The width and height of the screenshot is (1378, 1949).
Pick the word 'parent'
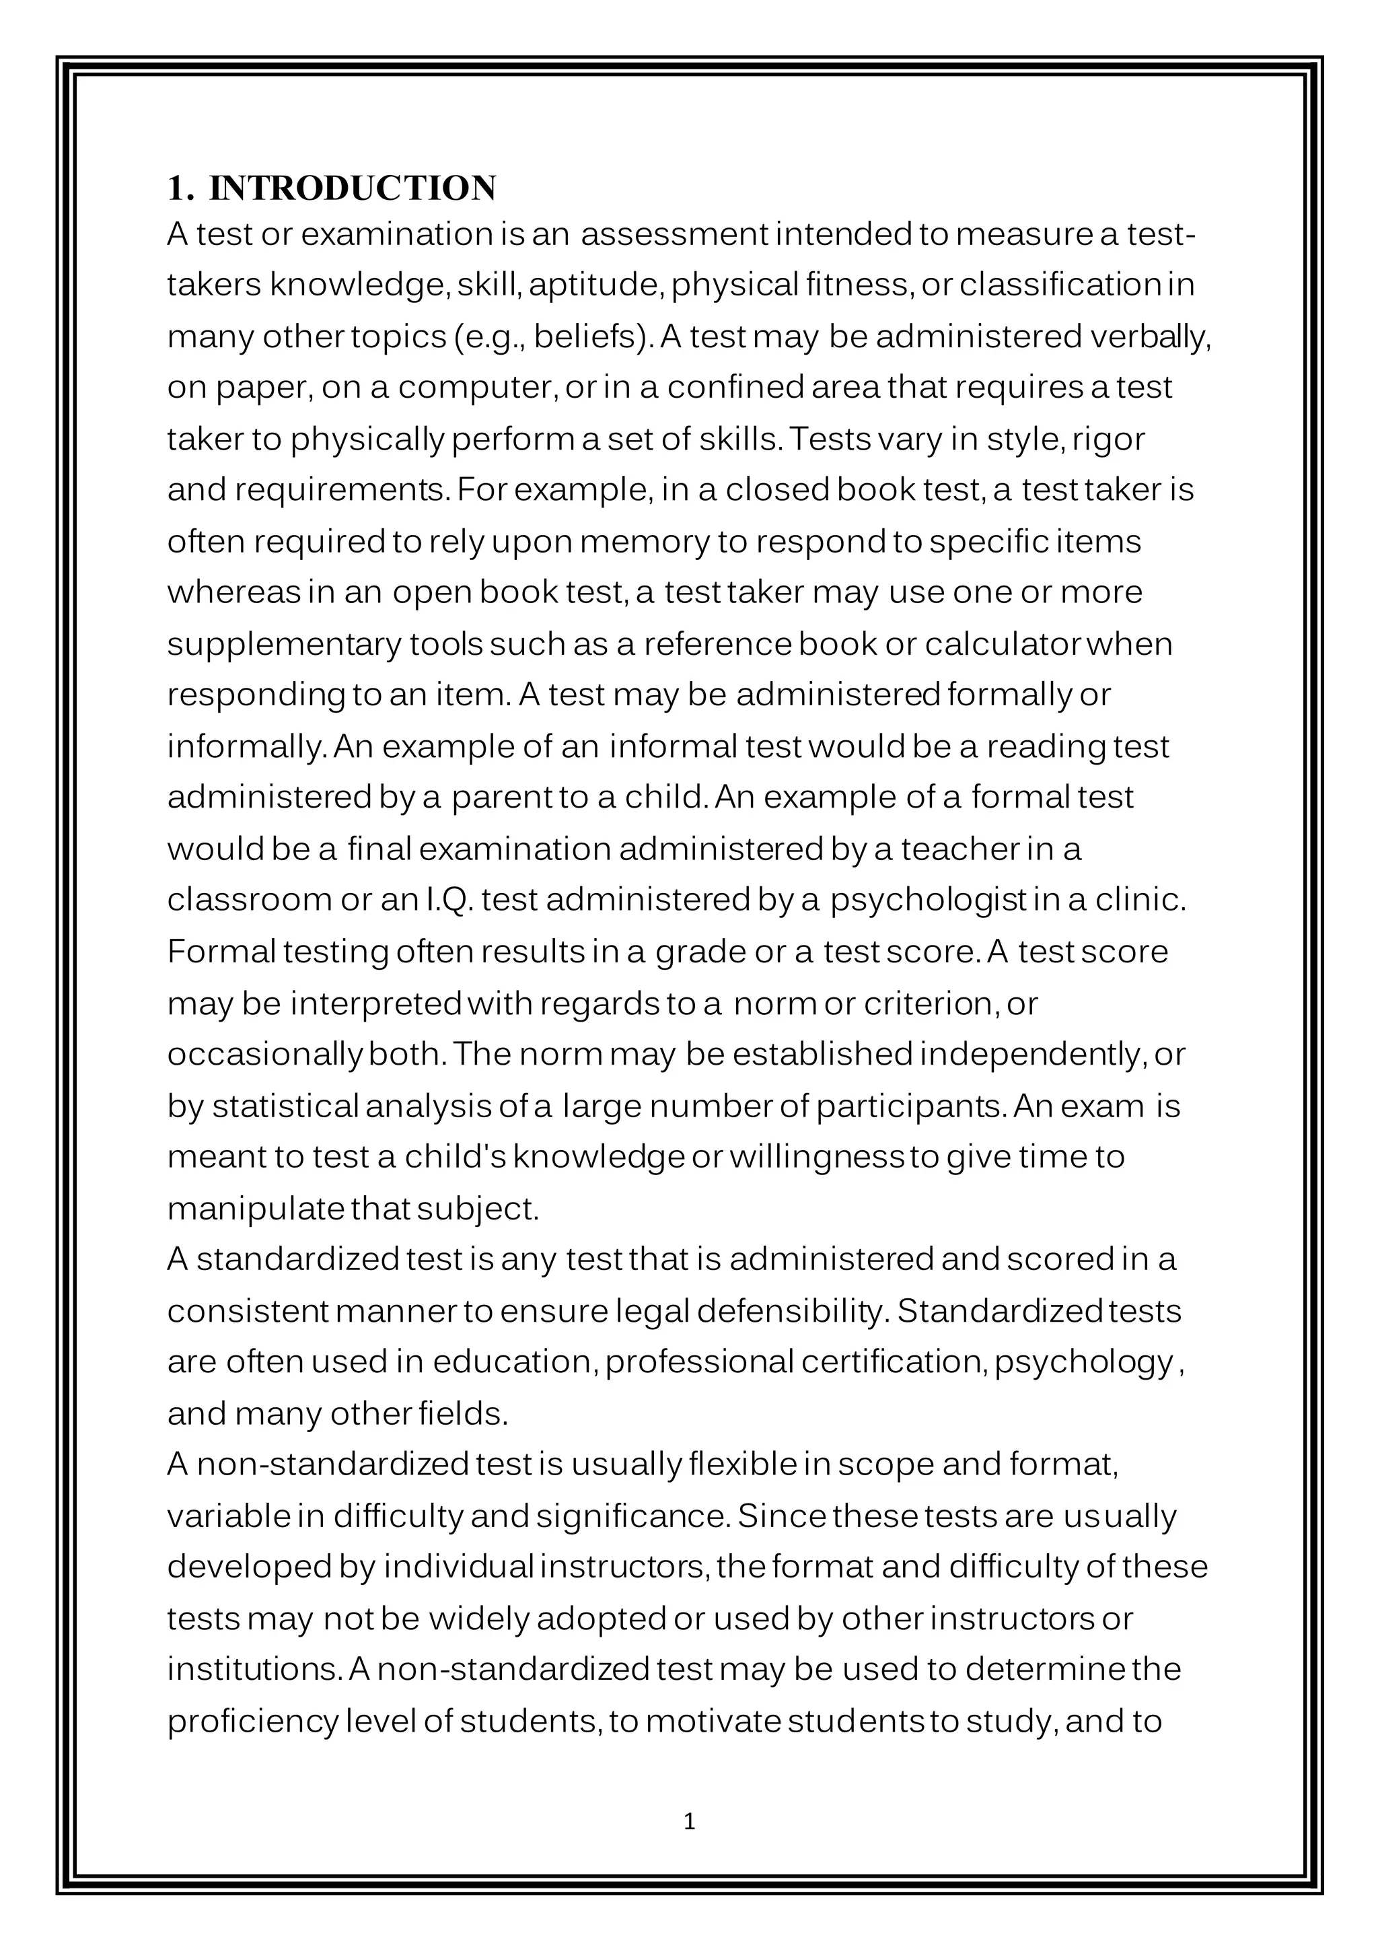[501, 798]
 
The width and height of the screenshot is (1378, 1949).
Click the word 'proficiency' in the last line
[253, 1722]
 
